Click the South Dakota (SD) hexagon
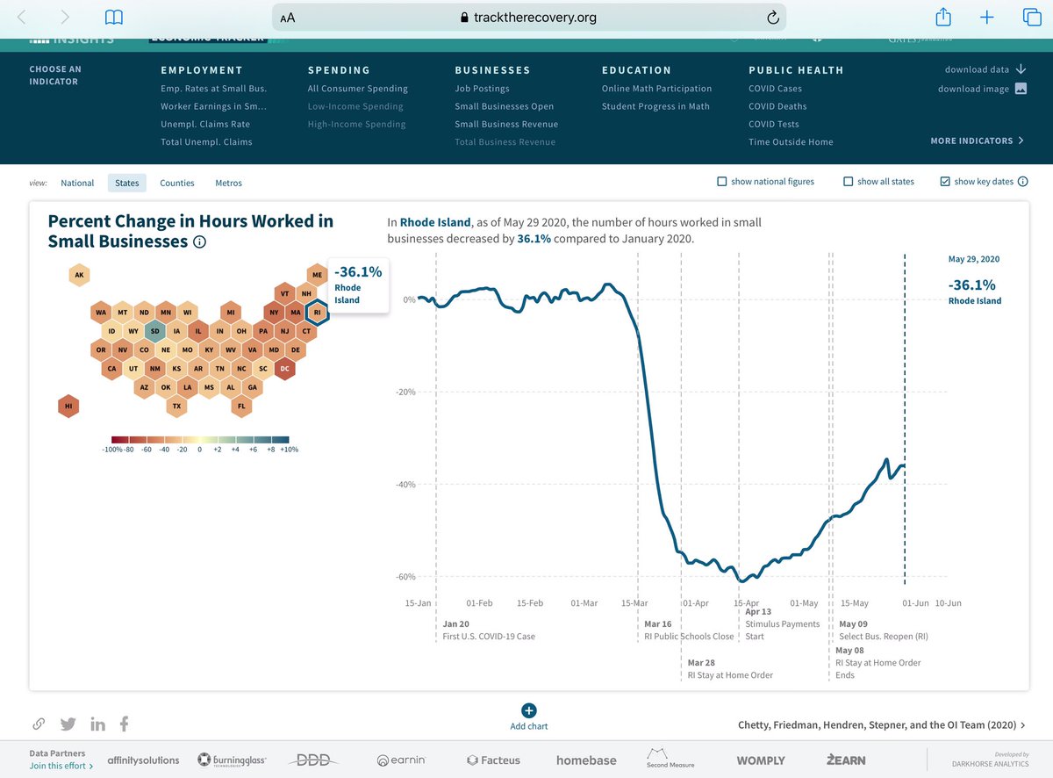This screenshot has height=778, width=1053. pos(154,331)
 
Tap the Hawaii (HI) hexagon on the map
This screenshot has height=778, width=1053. pos(68,406)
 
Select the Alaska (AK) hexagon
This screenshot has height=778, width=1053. pos(79,275)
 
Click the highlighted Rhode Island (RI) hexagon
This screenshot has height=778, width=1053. pos(318,312)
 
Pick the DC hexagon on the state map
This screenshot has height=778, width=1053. pos(284,369)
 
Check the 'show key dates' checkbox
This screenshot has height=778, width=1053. pos(944,182)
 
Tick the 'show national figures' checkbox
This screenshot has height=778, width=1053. pos(721,182)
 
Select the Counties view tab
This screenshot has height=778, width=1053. pos(177,183)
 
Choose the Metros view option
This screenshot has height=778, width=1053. pos(228,183)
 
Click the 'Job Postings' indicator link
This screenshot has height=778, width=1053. pos(482,89)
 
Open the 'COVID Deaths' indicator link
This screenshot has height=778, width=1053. pos(777,106)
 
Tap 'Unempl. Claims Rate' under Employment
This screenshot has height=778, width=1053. pos(205,124)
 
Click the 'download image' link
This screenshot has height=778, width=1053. pos(973,89)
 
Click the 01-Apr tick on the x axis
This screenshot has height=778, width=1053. pos(695,603)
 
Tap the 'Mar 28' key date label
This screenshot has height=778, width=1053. pos(701,662)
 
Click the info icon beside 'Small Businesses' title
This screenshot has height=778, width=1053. pos(199,242)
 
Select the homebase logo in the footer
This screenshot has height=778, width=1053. pos(586,760)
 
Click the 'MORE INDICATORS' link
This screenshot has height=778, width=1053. pos(977,140)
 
